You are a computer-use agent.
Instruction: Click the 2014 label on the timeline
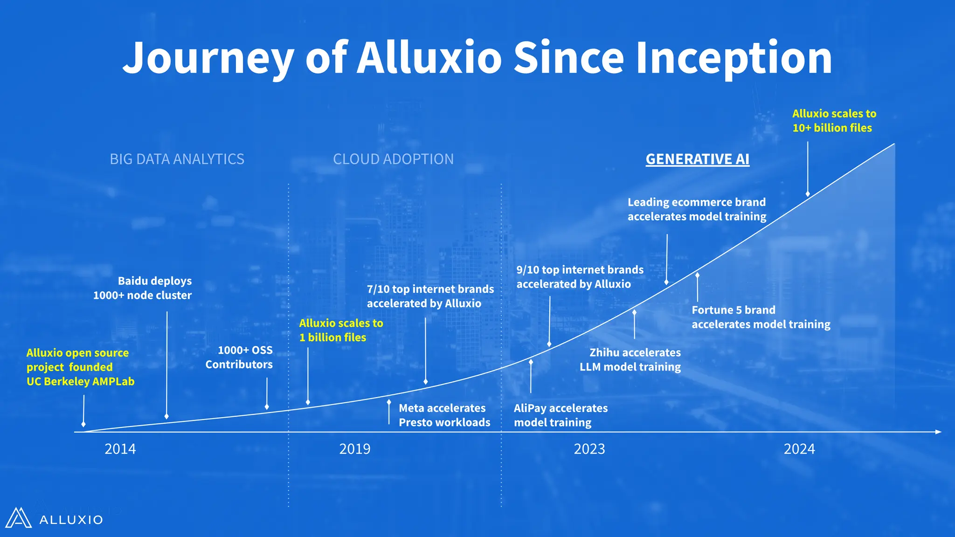pos(120,449)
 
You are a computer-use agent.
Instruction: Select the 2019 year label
pos(354,449)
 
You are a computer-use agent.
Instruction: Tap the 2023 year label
pos(589,449)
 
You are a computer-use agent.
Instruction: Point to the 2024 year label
pos(799,449)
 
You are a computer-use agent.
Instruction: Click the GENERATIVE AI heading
pos(697,159)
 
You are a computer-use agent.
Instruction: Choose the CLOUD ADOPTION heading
pos(393,159)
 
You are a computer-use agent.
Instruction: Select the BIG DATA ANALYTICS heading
pos(177,159)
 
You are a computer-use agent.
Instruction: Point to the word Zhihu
pos(604,353)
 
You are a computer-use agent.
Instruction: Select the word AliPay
pos(530,408)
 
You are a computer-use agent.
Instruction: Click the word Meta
pos(411,408)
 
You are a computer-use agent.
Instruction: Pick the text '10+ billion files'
pos(832,128)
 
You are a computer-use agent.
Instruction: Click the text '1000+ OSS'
pos(245,350)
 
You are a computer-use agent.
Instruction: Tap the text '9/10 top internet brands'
pos(580,270)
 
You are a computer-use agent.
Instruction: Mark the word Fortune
pos(712,310)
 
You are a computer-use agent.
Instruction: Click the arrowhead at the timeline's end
pos(938,432)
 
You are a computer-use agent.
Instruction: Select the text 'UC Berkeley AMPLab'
pos(80,382)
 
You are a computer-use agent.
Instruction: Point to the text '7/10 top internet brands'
pos(430,289)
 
